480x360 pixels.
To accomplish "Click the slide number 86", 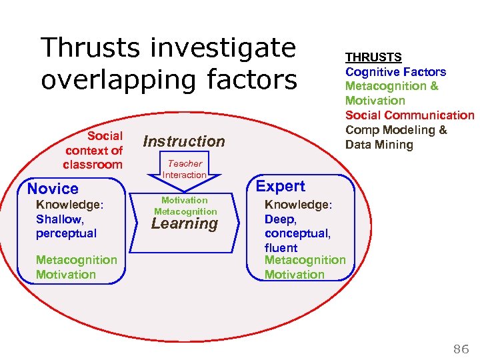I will pyautogui.click(x=461, y=348).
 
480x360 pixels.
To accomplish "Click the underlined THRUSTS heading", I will pyautogui.click(x=373, y=57).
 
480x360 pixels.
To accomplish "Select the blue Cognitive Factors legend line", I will pyautogui.click(x=395, y=71).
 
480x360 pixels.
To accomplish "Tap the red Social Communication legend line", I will pyautogui.click(x=409, y=115).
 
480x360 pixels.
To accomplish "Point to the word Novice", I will pyautogui.click(x=53, y=189).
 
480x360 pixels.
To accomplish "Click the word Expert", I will pyautogui.click(x=281, y=187).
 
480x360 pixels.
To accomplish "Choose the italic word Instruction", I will pyautogui.click(x=184, y=141).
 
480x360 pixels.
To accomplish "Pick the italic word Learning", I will pyautogui.click(x=185, y=224).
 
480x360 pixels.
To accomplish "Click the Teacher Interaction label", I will pyautogui.click(x=185, y=169).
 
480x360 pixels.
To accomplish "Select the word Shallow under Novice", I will pyautogui.click(x=59, y=219).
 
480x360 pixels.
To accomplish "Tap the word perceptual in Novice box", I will pyautogui.click(x=66, y=233).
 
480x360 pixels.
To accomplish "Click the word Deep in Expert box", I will pyautogui.click(x=279, y=219).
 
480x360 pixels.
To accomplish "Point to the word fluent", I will pyautogui.click(x=281, y=247).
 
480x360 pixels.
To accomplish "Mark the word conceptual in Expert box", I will pyautogui.click(x=297, y=233).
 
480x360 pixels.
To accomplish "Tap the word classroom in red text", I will pyautogui.click(x=93, y=165).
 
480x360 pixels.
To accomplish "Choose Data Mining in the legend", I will pyautogui.click(x=379, y=145).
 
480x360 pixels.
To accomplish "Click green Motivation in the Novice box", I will pyautogui.click(x=65, y=274).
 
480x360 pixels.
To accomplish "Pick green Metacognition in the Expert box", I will pyautogui.click(x=305, y=260).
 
